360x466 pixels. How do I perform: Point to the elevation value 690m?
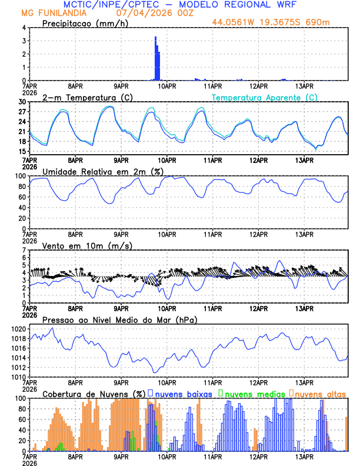click(x=319, y=23)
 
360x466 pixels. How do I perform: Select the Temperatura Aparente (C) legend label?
click(x=265, y=97)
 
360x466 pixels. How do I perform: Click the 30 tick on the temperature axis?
click(x=22, y=102)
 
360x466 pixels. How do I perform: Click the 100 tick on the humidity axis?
click(x=20, y=176)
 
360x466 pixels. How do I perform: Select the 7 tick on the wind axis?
click(x=24, y=250)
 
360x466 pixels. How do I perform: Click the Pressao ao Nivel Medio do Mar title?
click(x=119, y=319)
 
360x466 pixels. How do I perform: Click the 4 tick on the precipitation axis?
click(x=24, y=28)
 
